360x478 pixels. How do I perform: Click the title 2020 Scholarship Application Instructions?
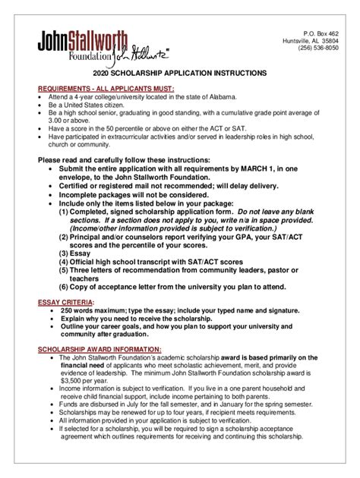(179, 74)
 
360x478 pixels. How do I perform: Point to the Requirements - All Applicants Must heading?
(106, 90)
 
